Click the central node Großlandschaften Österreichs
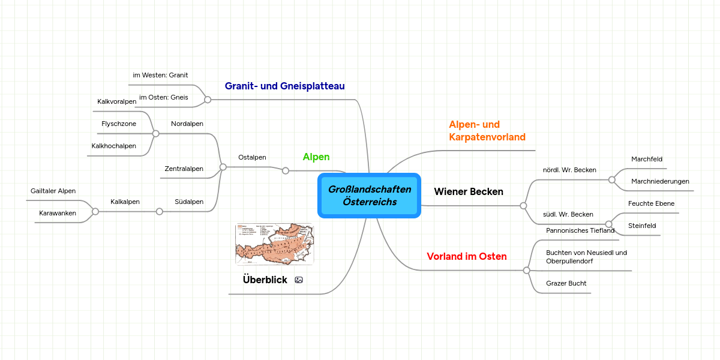(x=369, y=196)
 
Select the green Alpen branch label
(x=316, y=157)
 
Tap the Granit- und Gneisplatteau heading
(x=284, y=86)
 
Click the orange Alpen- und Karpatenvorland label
(x=487, y=131)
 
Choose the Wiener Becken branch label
(x=469, y=192)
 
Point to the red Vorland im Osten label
(x=466, y=257)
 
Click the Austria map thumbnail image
(x=274, y=244)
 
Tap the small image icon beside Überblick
(x=299, y=280)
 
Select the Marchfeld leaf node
(x=647, y=159)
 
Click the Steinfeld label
(x=642, y=226)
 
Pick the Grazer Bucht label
(x=566, y=283)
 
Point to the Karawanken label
(x=58, y=213)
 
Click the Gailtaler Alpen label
(x=53, y=191)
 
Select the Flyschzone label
(x=119, y=124)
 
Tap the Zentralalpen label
(x=184, y=169)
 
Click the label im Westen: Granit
(x=160, y=75)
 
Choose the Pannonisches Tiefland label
(x=580, y=230)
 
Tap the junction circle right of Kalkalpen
(x=160, y=211)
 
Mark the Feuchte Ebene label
(x=651, y=203)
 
